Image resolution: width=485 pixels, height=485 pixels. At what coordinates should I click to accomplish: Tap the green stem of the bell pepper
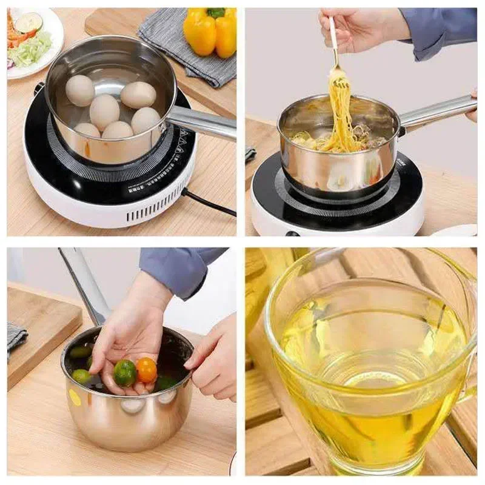(216, 13)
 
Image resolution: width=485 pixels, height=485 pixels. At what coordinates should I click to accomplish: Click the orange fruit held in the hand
(146, 369)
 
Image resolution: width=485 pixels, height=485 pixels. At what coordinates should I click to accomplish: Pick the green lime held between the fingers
(124, 372)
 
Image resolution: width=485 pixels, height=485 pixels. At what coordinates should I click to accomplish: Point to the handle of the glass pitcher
(467, 339)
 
